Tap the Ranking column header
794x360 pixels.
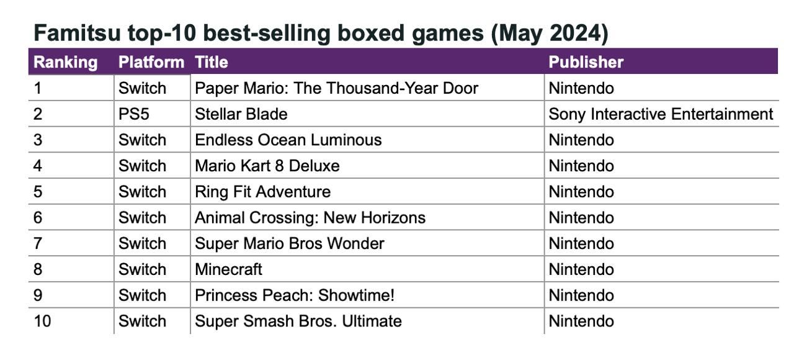coord(65,62)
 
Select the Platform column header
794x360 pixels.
coord(151,62)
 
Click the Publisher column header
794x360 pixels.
coord(586,62)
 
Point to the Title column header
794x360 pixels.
coord(211,62)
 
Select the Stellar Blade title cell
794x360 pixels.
coord(241,114)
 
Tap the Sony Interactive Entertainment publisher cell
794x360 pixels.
coord(661,114)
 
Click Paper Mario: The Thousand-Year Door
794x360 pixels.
coord(336,88)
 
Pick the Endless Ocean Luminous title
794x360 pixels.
coord(288,140)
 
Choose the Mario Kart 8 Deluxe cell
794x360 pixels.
coord(267,166)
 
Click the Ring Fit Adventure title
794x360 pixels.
coord(262,192)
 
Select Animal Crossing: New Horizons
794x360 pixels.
coord(310,218)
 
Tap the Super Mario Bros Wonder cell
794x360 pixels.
coord(289,244)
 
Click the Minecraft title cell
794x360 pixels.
coord(228,269)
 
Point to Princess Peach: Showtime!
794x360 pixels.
coord(294,295)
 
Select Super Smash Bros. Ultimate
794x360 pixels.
coord(298,322)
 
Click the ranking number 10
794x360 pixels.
coord(42,322)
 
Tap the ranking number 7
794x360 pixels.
coord(38,244)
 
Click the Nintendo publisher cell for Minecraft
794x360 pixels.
coord(581,269)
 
